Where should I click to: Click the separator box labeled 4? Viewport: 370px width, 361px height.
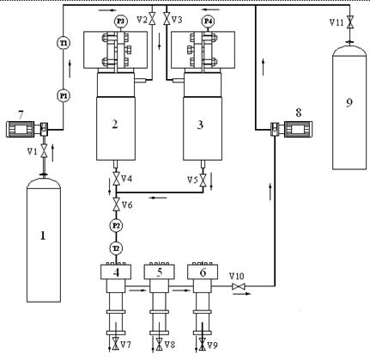tap(115, 272)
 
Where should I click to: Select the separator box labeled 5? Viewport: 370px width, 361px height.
tap(159, 272)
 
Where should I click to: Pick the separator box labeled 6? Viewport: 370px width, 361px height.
tap(203, 272)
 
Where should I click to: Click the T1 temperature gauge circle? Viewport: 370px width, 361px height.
tap(63, 43)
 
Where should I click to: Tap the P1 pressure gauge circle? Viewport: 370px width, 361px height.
tap(63, 95)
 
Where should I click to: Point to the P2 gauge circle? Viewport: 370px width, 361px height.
tap(115, 225)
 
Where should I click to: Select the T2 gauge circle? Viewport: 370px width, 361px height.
tap(115, 248)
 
